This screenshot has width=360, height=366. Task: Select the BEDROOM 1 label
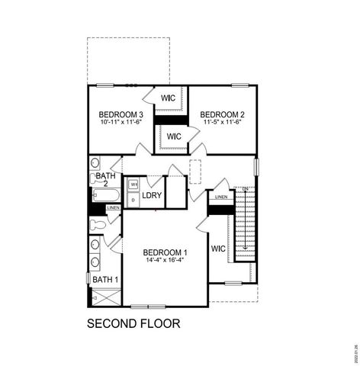(x=165, y=252)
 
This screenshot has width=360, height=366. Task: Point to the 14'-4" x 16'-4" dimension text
(x=165, y=260)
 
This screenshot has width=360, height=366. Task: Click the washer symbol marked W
(x=133, y=185)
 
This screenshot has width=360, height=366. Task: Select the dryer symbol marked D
(x=133, y=199)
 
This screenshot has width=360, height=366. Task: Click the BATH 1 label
(x=105, y=280)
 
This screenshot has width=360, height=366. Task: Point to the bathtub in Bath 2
(x=105, y=194)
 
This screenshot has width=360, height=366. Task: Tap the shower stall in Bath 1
(x=104, y=296)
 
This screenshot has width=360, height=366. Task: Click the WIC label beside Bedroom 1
(x=218, y=249)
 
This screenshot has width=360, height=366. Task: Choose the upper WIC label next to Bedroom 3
(x=169, y=98)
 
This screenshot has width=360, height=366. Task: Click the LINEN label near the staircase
(x=220, y=197)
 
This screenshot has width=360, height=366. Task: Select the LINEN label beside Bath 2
(x=113, y=207)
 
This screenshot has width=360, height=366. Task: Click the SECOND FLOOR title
(x=133, y=323)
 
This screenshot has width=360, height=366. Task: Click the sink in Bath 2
(x=95, y=163)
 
